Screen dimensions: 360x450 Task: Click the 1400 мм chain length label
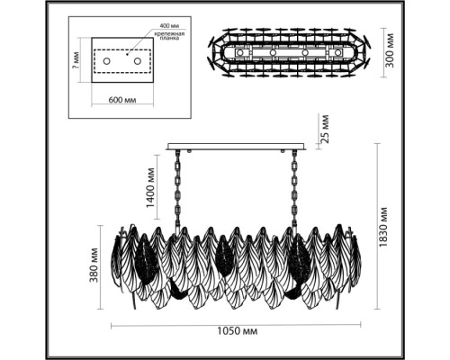click(150, 193)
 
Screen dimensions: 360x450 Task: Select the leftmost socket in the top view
click(240, 53)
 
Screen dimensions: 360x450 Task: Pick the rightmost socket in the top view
click(338, 53)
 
